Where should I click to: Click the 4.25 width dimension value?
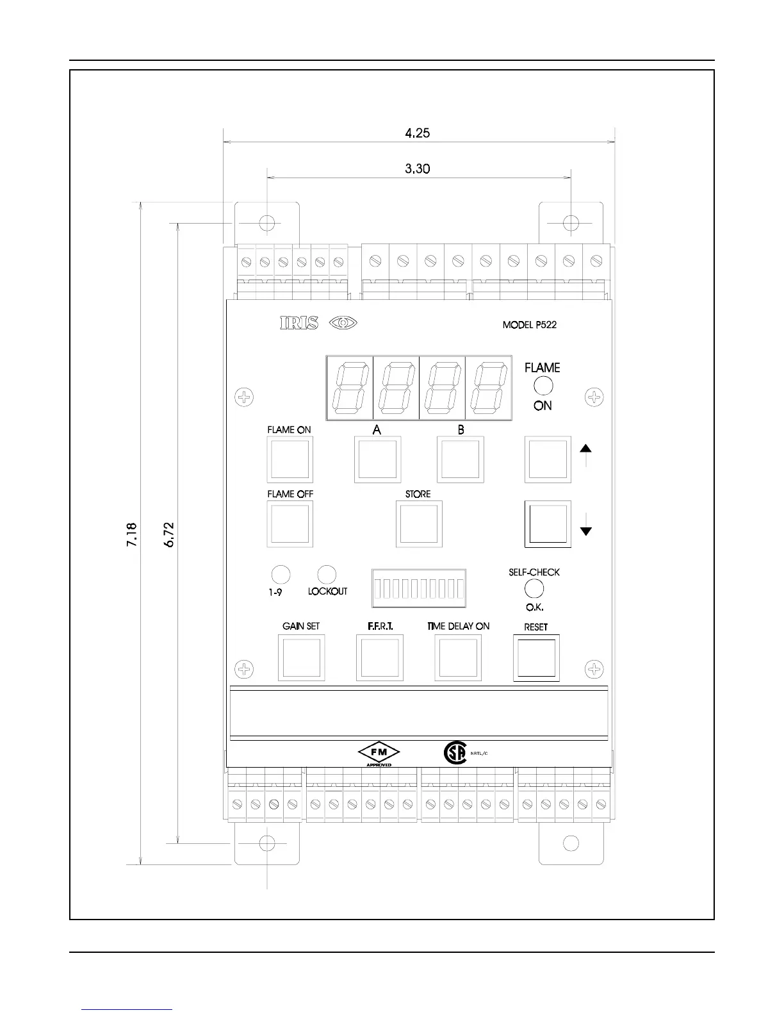(x=418, y=133)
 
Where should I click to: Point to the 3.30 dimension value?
(x=418, y=169)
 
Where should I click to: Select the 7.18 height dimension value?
(x=131, y=534)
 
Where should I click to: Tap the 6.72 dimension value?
(x=169, y=534)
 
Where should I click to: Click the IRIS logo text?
(x=298, y=324)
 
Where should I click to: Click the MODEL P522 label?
(x=529, y=325)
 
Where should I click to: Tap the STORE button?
(x=419, y=524)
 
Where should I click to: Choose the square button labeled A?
(x=378, y=459)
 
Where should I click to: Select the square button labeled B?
(x=460, y=459)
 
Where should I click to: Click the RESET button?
(x=536, y=657)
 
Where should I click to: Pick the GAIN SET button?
(x=301, y=657)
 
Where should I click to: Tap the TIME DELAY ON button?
(x=458, y=657)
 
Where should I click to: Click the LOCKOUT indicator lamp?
(x=327, y=574)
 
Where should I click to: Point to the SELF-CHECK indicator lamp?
(x=534, y=588)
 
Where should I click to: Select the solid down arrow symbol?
(x=585, y=531)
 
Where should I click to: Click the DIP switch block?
(x=419, y=588)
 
